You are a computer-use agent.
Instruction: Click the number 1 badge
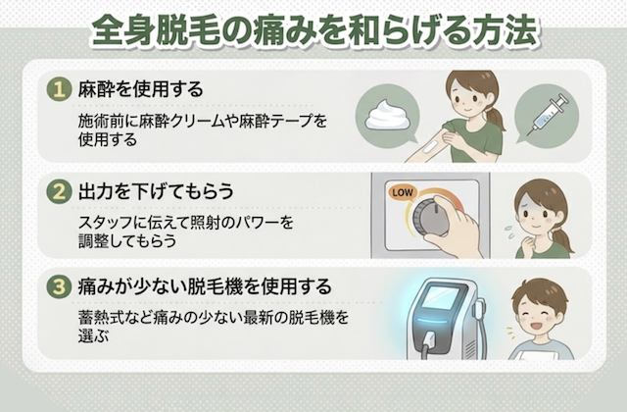point(59,89)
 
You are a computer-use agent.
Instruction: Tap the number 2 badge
point(59,191)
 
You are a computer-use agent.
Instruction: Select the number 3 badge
point(59,286)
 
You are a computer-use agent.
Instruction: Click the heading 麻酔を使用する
point(140,89)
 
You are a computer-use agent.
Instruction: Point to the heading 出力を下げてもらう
point(156,191)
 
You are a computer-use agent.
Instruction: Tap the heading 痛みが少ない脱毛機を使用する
point(205,286)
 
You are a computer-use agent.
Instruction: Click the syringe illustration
point(548,115)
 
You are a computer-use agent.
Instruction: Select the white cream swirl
point(387,116)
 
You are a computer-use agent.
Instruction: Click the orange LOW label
point(403,192)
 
